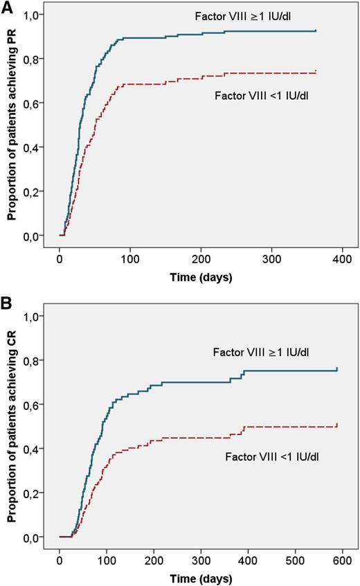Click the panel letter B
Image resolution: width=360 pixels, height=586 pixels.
pyautogui.click(x=8, y=303)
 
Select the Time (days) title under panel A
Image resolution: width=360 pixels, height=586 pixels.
pyautogui.click(x=201, y=277)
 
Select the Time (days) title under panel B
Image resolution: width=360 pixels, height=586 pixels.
pyautogui.click(x=201, y=578)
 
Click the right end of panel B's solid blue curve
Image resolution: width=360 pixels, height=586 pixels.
pyautogui.click(x=337, y=369)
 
